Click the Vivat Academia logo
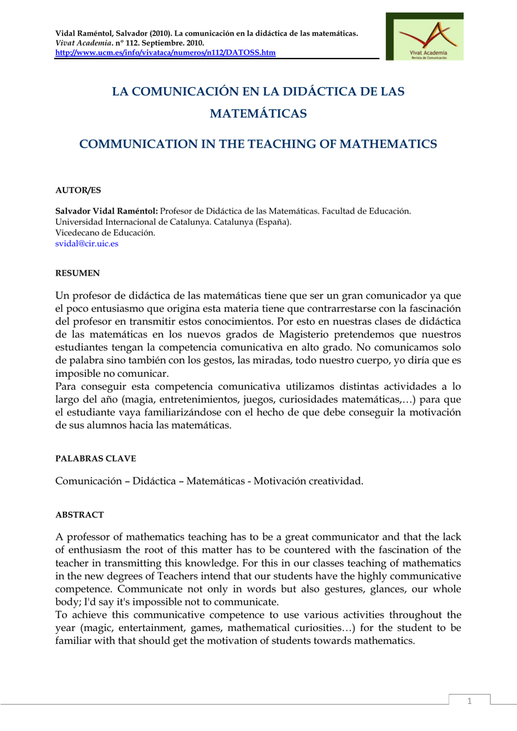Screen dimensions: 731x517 (424, 36)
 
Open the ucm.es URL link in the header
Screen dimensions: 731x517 (165, 53)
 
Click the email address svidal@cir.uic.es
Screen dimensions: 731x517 (87, 243)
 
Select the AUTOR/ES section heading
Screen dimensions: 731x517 (78, 190)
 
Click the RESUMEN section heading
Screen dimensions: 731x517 (78, 273)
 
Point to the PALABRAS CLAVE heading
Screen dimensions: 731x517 (96, 458)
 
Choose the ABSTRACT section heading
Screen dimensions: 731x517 (80, 514)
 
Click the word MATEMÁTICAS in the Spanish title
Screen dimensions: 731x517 (258, 114)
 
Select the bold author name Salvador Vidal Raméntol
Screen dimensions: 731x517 (106, 211)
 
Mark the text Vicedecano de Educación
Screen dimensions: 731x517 (105, 233)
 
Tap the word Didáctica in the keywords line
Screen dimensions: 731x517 (154, 481)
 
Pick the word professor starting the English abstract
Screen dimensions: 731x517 (91, 537)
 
